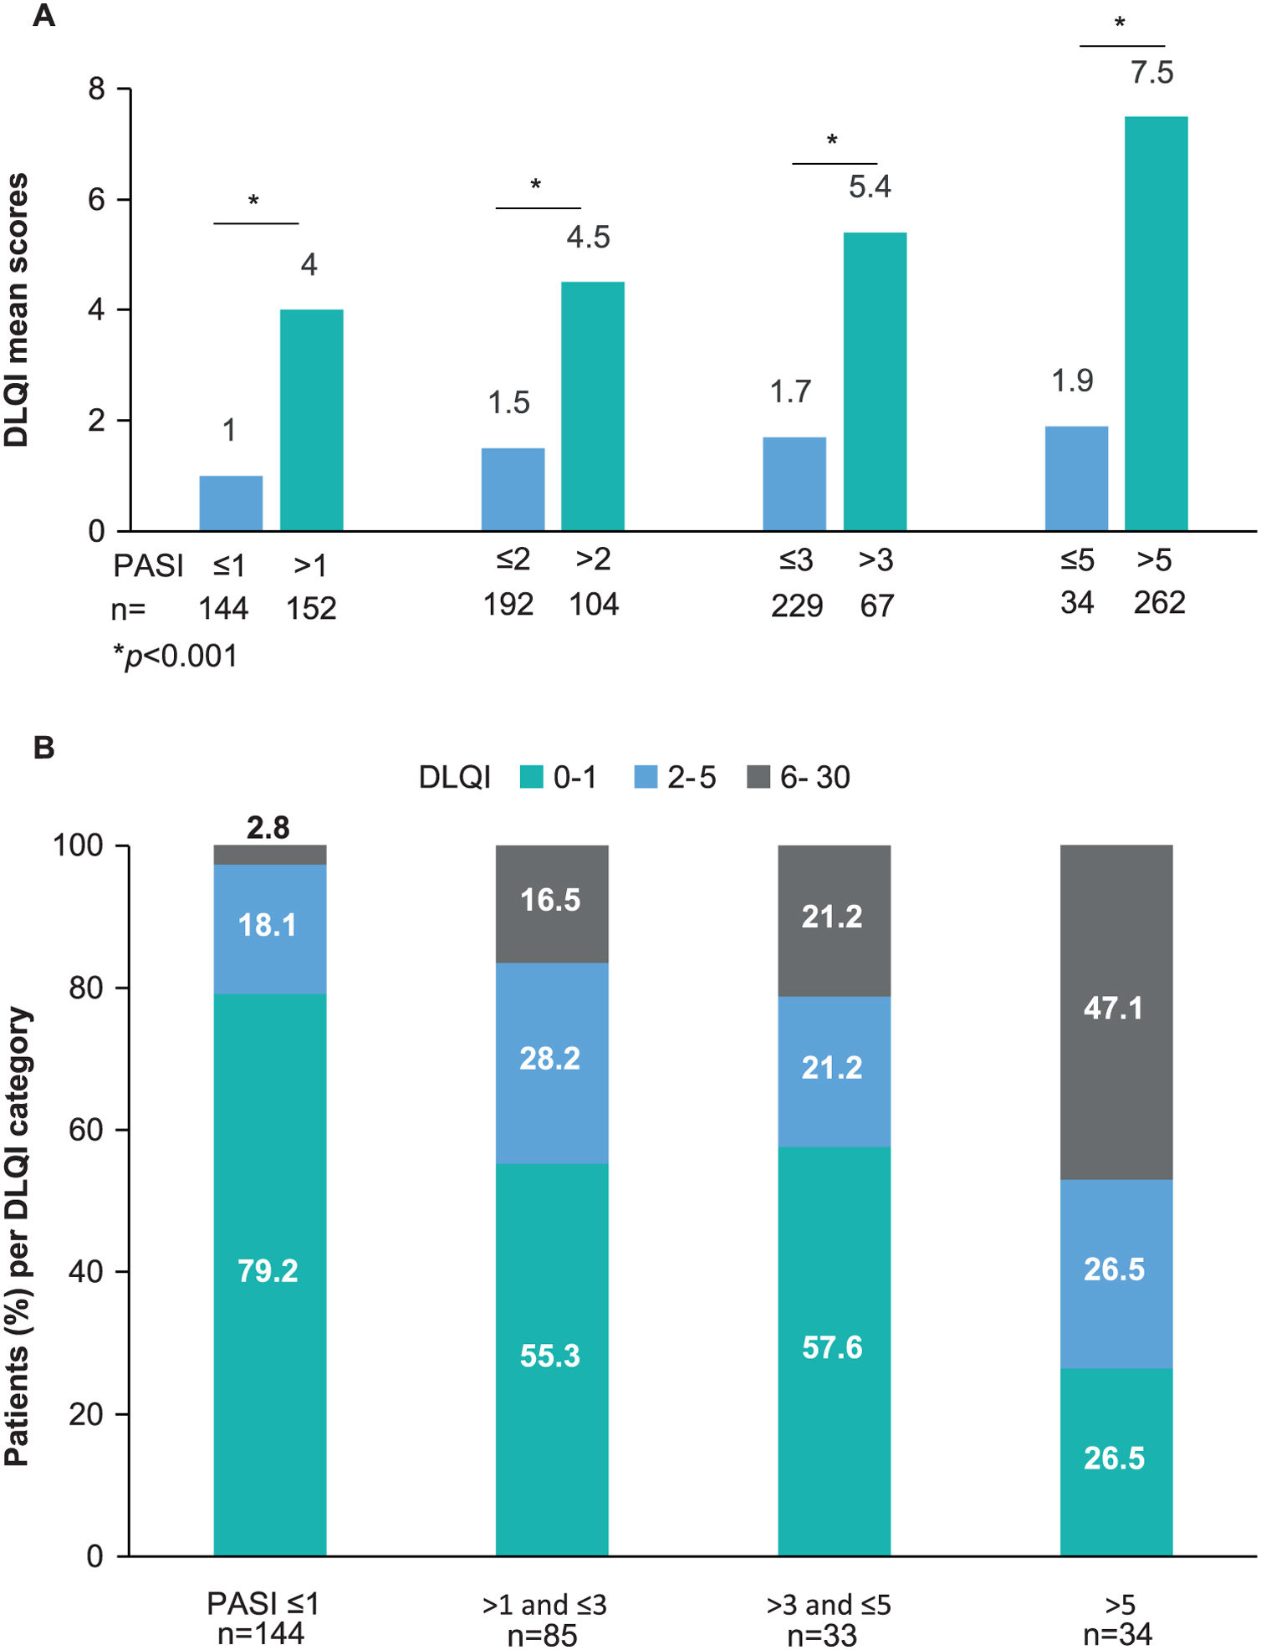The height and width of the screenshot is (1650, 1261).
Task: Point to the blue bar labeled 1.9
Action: (1076, 478)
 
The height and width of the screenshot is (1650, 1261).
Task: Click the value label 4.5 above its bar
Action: (588, 238)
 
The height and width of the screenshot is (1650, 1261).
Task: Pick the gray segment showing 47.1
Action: (1116, 1012)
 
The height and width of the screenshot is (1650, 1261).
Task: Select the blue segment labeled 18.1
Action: (269, 928)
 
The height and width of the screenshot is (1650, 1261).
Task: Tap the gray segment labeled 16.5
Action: (552, 903)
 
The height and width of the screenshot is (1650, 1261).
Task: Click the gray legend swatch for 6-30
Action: (758, 777)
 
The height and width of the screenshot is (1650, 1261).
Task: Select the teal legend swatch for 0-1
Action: (531, 777)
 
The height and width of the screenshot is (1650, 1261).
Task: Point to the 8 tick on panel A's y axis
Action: (97, 89)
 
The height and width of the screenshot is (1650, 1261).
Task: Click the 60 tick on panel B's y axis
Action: (85, 1130)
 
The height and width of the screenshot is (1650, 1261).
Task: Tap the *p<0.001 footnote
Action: (175, 656)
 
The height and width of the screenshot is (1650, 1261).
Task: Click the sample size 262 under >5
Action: (1159, 603)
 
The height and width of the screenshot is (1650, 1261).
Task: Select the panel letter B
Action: (43, 747)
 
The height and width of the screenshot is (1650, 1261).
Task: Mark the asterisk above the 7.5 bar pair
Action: (1120, 23)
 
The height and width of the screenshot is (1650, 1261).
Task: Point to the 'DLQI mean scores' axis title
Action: (17, 309)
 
